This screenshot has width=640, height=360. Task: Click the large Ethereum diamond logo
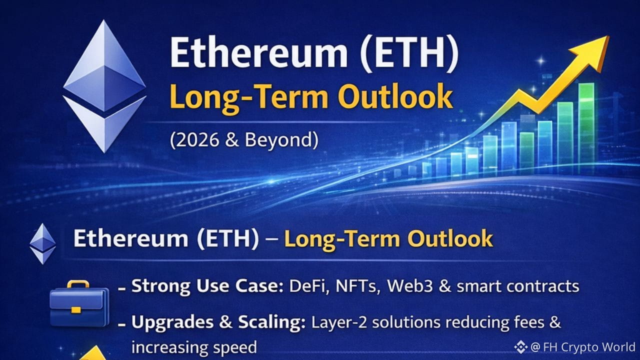point(104,85)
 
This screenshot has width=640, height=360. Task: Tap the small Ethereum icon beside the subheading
point(43,243)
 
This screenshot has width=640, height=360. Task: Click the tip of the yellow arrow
point(608,36)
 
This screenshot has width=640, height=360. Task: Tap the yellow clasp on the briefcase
point(76,310)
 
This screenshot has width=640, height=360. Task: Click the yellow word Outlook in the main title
point(395,96)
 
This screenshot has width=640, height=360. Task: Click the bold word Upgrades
point(172,323)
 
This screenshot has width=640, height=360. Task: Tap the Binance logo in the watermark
point(521,347)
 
